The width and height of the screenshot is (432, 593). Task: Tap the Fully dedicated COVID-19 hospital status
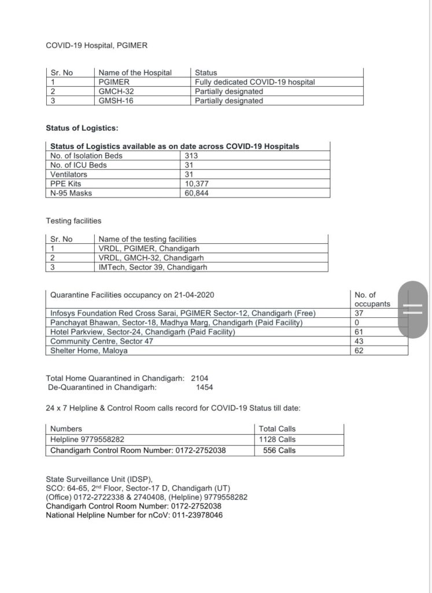254,82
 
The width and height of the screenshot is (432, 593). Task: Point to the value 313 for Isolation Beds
191,155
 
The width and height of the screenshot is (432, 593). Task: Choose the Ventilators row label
69,174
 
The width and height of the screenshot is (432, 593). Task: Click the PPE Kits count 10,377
197,184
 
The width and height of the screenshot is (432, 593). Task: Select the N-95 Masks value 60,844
197,193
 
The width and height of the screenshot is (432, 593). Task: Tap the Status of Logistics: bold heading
82,128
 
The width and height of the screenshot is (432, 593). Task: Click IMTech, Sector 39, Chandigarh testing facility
152,267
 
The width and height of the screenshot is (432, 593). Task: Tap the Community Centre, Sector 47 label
97,341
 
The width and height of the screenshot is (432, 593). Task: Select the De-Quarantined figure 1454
209,387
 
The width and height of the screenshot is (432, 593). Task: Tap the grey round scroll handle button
412,307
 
